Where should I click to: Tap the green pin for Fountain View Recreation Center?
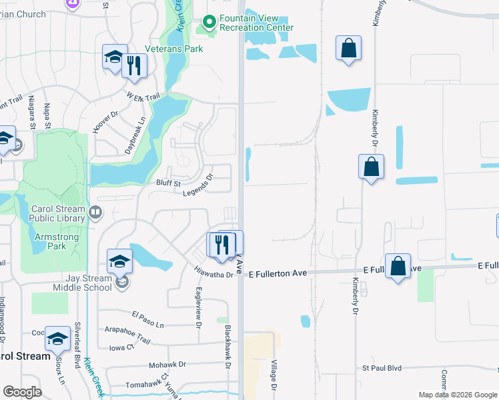point(209,23)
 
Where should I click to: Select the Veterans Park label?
point(174,49)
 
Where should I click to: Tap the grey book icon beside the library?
point(95,213)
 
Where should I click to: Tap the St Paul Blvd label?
point(382,367)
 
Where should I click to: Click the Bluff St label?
point(168,183)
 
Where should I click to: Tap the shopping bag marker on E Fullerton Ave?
point(398,267)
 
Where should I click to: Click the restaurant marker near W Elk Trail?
point(135,66)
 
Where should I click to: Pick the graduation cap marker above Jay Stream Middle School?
point(119,261)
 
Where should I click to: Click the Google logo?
point(23,392)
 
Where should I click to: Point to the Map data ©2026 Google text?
point(457,394)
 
